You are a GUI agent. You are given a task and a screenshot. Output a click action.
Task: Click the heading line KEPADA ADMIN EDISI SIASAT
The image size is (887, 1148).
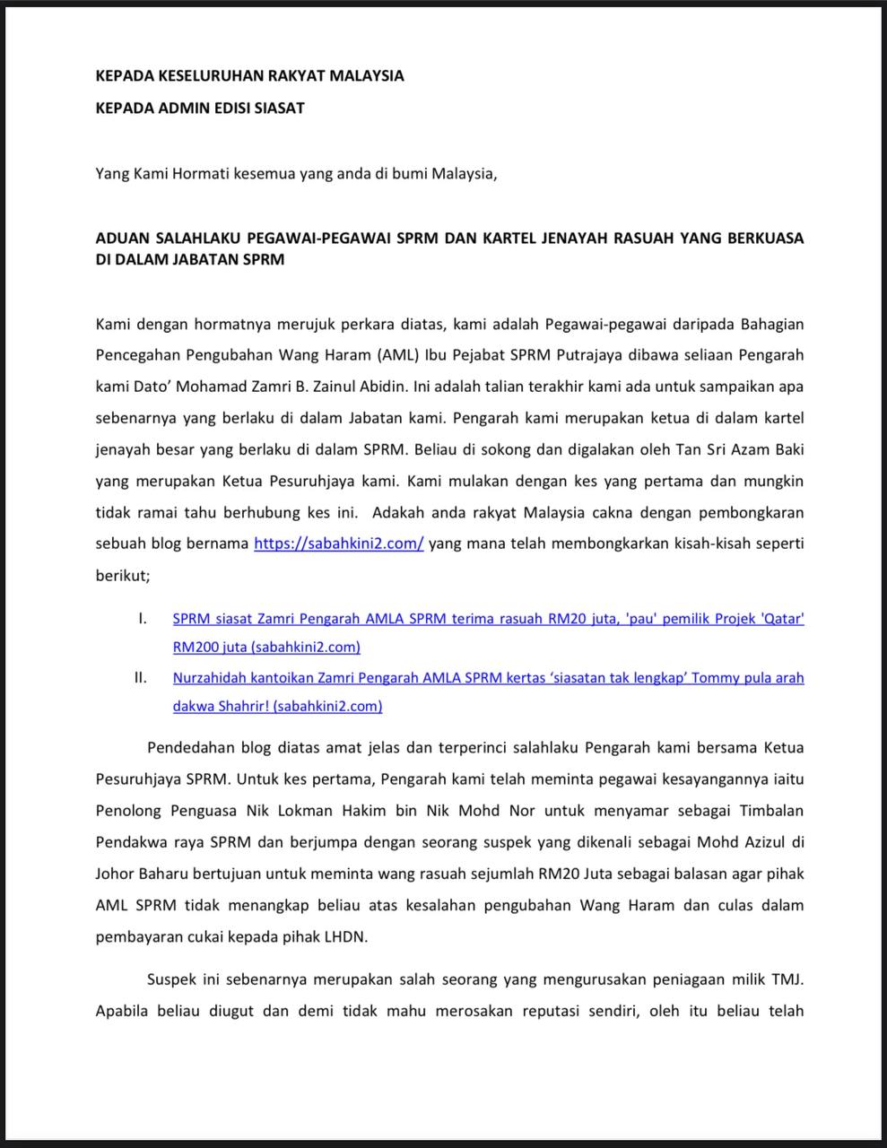pos(200,108)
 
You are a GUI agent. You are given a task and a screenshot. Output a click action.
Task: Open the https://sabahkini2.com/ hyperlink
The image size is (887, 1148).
pos(338,544)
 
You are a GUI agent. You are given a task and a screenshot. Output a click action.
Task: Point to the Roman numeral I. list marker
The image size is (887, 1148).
pos(142,619)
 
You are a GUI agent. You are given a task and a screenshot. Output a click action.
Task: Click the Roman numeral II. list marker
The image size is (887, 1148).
pos(140,678)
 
